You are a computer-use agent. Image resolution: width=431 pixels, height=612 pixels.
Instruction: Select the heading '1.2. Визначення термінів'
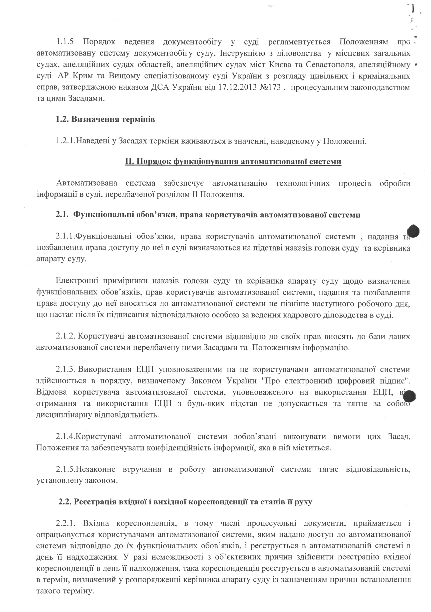click(x=105, y=119)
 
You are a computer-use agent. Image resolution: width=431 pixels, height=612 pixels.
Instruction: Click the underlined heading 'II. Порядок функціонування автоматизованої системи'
click(x=233, y=162)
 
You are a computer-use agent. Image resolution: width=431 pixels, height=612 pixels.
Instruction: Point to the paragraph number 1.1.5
click(x=65, y=42)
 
